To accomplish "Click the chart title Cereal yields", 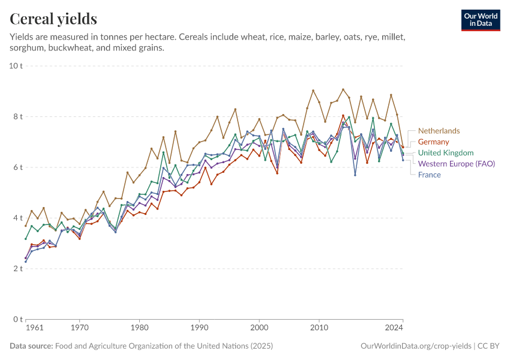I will point(53,19).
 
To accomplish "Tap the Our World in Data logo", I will point(481,20).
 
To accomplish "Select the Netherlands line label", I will point(439,131).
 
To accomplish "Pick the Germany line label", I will point(433,142).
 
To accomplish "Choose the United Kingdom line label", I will point(446,153).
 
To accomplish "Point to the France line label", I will point(430,175).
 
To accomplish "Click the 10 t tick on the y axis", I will point(16,65).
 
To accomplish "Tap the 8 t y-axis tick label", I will point(18,116).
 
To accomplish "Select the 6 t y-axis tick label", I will point(18,167).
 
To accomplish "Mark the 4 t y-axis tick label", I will point(18,218).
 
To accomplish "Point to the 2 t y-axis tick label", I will point(18,268).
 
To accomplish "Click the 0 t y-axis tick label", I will point(18,319).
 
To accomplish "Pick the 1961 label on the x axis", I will point(34,328).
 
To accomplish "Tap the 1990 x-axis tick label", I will point(199,328).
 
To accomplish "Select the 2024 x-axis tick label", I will point(394,328).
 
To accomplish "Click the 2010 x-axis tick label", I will point(319,328).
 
